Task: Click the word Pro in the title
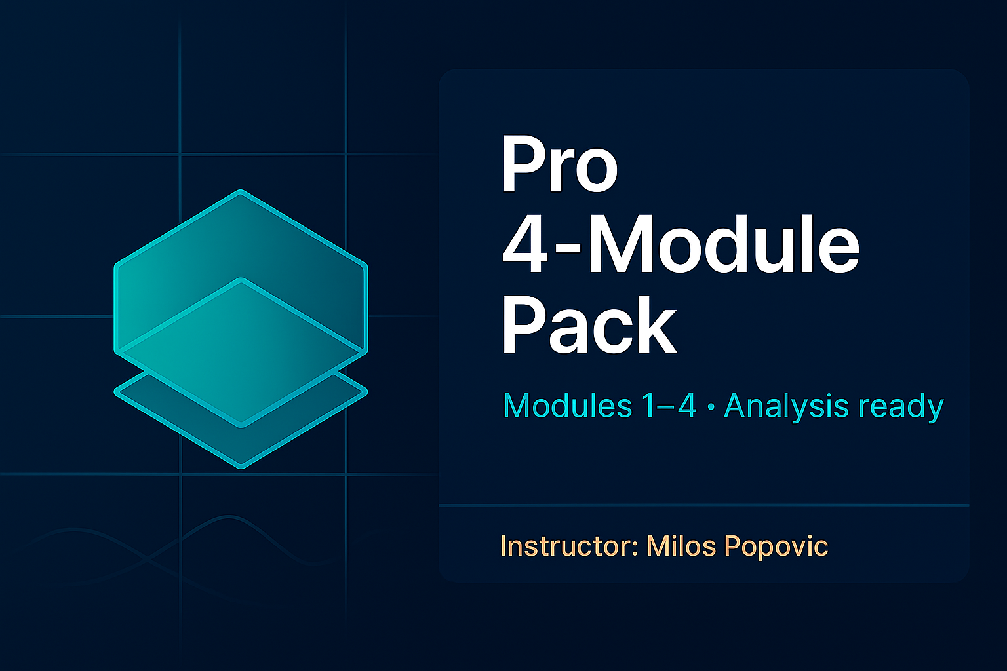[560, 164]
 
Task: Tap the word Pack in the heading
[589, 325]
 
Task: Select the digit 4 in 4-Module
[524, 244]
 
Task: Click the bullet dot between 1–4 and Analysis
[711, 407]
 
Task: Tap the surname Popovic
[777, 546]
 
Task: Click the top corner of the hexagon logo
[241, 191]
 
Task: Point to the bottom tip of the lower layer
[241, 467]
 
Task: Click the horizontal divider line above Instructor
[703, 505]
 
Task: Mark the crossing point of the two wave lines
[147, 560]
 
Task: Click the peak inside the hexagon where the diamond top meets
[241, 280]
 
